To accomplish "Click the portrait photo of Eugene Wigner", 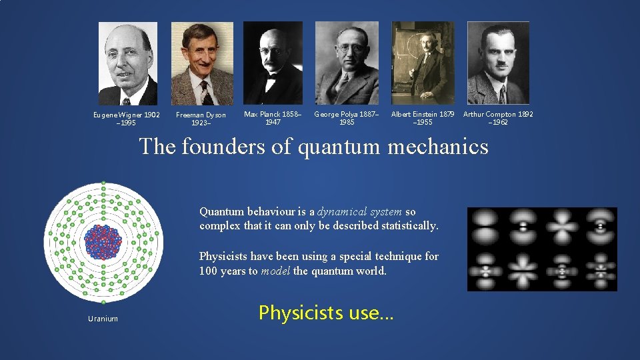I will [128, 63].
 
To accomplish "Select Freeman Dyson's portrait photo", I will [202, 63].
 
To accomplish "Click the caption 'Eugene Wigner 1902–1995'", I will [127, 119].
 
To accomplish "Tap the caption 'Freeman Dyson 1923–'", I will [201, 119].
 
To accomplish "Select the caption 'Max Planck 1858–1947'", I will [273, 118].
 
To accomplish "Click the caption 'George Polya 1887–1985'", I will [347, 118].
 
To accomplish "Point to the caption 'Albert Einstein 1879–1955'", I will [423, 118].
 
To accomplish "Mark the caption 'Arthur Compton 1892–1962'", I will [498, 118].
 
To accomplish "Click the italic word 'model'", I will [275, 271].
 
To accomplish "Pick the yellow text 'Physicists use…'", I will [326, 312].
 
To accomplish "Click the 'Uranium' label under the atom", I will [103, 319].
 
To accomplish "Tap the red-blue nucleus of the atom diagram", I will [103, 241].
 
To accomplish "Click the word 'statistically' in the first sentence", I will [405, 226].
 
